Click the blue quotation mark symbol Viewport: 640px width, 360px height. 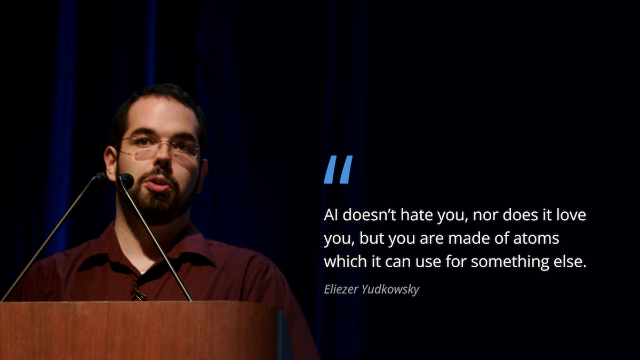point(338,170)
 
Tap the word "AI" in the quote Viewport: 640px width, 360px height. point(331,215)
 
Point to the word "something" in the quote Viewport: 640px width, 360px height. point(501,262)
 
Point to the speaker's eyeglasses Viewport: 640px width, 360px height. point(160,147)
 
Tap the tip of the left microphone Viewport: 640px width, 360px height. point(100,179)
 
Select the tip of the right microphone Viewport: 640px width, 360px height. point(126,181)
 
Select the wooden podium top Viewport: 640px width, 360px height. point(139,306)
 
